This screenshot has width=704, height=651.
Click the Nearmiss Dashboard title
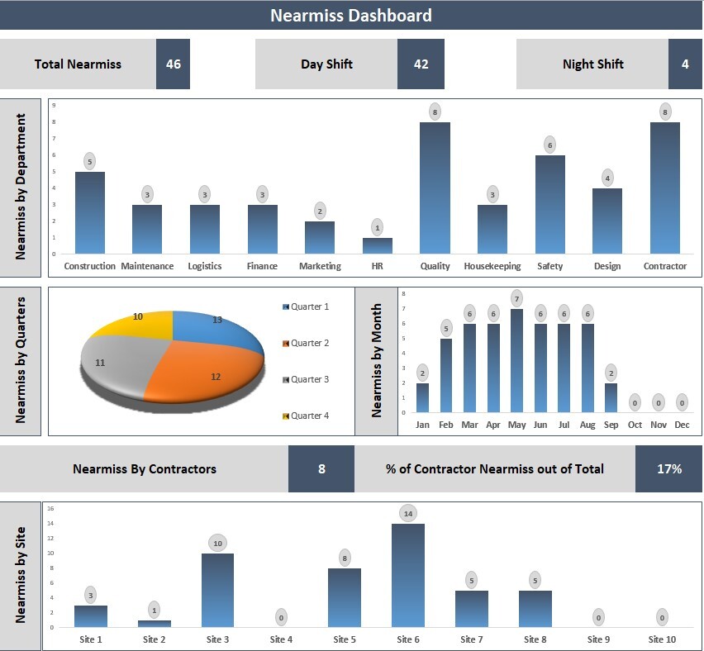tap(351, 15)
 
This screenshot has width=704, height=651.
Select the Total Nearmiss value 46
tap(173, 64)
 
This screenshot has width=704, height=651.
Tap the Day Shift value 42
tap(421, 64)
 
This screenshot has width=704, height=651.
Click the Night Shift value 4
tap(684, 64)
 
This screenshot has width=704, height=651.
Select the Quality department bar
tap(435, 188)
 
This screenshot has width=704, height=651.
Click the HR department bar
tap(378, 246)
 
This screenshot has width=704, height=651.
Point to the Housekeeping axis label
tap(492, 266)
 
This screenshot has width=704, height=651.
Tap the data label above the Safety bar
tap(550, 145)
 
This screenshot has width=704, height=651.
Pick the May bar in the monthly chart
tap(517, 360)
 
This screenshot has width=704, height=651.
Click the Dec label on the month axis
tap(682, 425)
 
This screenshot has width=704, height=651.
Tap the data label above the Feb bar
tap(446, 329)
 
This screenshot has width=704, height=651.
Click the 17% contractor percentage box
tap(668, 469)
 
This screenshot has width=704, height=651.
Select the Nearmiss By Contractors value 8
tap(321, 469)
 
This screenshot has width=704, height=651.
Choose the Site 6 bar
tap(407, 576)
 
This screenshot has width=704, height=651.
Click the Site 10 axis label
tap(662, 639)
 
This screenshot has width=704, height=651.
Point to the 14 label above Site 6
tap(407, 513)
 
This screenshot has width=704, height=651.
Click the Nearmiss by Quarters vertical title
tap(21, 360)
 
